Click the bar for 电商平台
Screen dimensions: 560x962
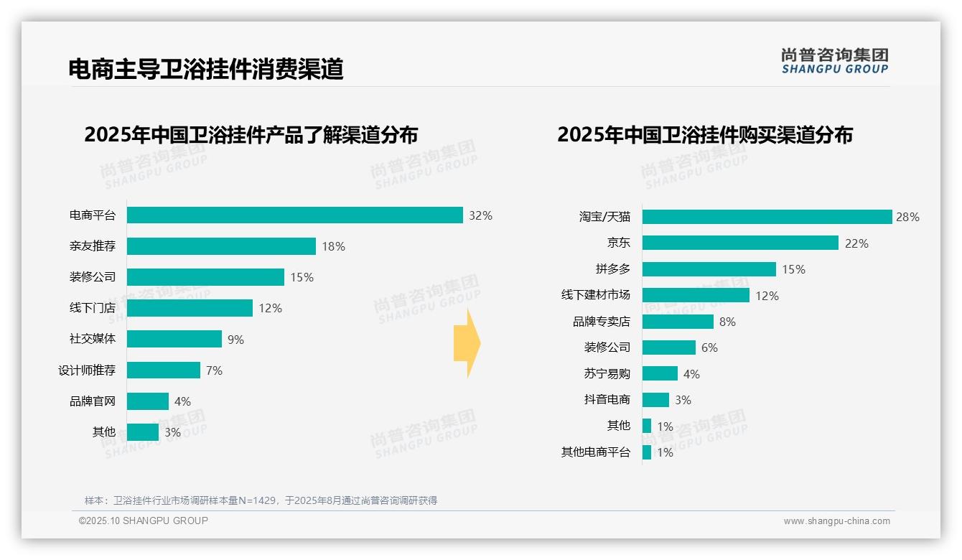[x=294, y=215]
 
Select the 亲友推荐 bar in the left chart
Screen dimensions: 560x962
[x=221, y=246]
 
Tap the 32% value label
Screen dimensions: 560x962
[x=480, y=215]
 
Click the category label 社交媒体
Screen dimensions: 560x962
[x=93, y=339]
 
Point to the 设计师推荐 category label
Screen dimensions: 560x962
[x=87, y=370]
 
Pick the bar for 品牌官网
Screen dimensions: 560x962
[x=148, y=401]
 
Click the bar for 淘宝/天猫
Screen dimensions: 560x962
[x=767, y=217]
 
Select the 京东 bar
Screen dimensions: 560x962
[x=740, y=243]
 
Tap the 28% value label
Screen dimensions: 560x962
[x=907, y=217]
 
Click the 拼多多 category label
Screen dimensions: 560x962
[x=612, y=269]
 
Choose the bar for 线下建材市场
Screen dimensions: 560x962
[x=696, y=295]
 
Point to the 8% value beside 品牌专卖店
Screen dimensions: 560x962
[x=727, y=322]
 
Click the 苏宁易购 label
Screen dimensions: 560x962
[x=607, y=373]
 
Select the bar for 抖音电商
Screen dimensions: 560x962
[x=655, y=400]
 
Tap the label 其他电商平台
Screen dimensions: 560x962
[x=595, y=452]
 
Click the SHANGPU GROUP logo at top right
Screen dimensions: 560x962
[x=834, y=61]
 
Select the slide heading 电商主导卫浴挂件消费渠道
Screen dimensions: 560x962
[x=206, y=69]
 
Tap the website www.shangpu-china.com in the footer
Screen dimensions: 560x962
[x=836, y=521]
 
